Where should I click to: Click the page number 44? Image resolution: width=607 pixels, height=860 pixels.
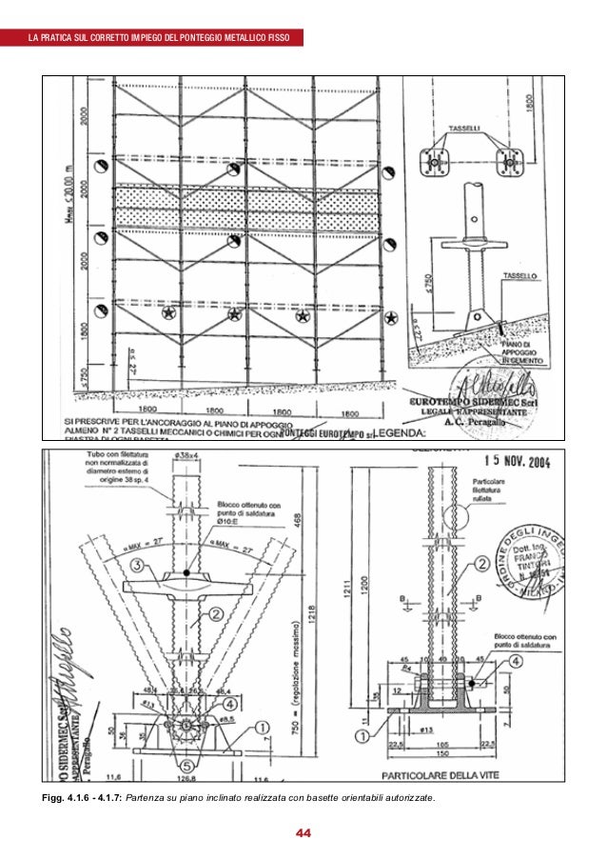(303, 834)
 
